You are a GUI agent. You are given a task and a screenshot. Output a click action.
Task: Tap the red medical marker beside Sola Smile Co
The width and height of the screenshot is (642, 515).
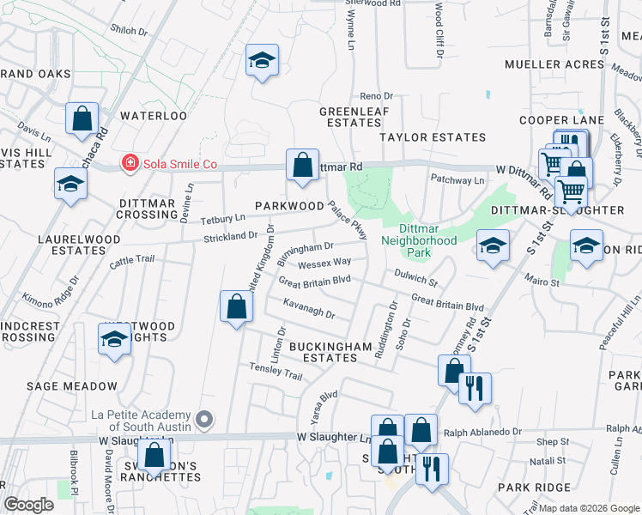click(130, 163)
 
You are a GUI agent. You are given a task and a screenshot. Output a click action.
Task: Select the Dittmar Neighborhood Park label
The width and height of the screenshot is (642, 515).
click(418, 234)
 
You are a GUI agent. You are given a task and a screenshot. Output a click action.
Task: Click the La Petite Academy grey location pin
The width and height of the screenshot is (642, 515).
click(204, 420)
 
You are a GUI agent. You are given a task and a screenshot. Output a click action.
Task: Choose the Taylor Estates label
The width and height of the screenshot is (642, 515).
click(433, 137)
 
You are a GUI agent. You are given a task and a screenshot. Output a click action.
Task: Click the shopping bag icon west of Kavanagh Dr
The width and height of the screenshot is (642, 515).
click(236, 306)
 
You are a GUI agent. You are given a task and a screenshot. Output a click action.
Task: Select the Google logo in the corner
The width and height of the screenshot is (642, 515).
click(28, 505)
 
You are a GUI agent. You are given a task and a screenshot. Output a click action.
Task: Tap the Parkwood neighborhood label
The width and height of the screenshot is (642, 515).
click(288, 207)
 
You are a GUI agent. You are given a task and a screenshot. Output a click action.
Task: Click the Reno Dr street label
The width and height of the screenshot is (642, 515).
click(376, 96)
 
